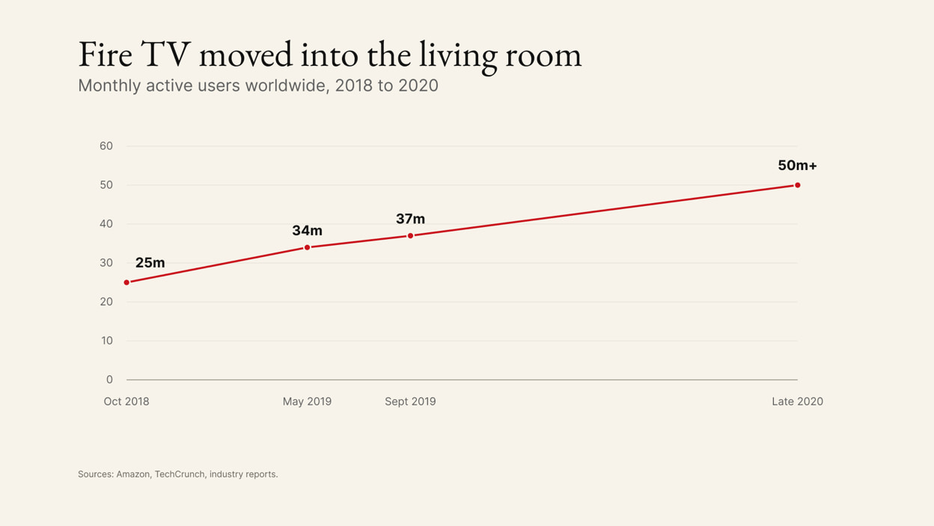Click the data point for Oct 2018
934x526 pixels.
pyautogui.click(x=126, y=282)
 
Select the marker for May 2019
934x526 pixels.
pyautogui.click(x=308, y=247)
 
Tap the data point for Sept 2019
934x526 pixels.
pyautogui.click(x=410, y=236)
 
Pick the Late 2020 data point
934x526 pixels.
pyautogui.click(x=797, y=185)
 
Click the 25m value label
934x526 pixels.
pyautogui.click(x=150, y=262)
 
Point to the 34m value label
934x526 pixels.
pyautogui.click(x=308, y=231)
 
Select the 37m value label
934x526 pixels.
pyautogui.click(x=410, y=219)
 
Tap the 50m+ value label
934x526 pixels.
pyautogui.click(x=797, y=166)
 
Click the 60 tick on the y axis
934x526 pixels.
pyautogui.click(x=106, y=146)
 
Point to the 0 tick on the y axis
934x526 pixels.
pyautogui.click(x=109, y=379)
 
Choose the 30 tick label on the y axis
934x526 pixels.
pyautogui.click(x=106, y=263)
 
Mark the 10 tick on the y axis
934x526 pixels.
pyautogui.click(x=107, y=341)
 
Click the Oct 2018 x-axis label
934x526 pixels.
pyautogui.click(x=126, y=402)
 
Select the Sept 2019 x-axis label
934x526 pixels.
pyautogui.click(x=410, y=402)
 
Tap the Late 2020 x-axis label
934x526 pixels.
pyautogui.click(x=797, y=402)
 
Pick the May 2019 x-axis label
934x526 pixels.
pyautogui.click(x=308, y=402)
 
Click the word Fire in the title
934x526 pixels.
pyautogui.click(x=106, y=54)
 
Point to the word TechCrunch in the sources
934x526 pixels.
pyautogui.click(x=180, y=474)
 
